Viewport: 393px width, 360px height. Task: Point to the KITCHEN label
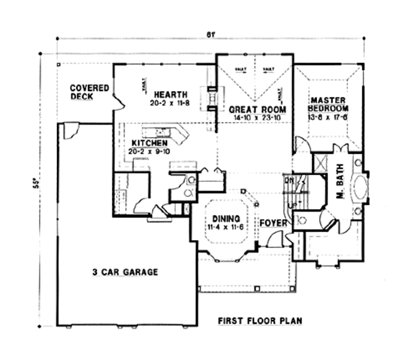[150, 143]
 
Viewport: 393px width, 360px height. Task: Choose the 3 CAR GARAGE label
[124, 271]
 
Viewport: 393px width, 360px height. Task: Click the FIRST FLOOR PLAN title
[261, 321]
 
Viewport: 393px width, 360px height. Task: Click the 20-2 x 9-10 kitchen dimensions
[149, 151]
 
